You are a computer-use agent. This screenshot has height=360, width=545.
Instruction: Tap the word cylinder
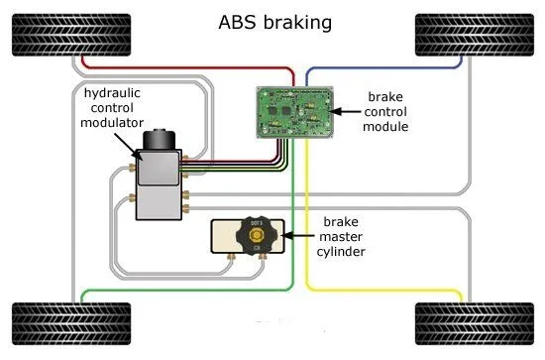(x=346, y=252)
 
